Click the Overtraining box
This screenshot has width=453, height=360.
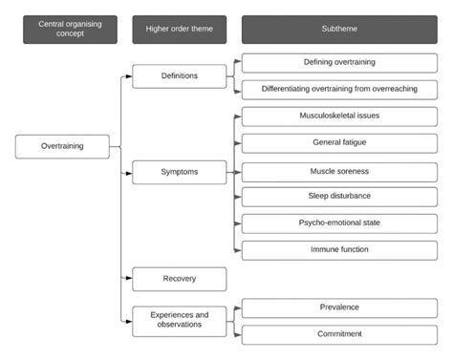(x=62, y=146)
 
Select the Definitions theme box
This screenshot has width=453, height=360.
(x=179, y=75)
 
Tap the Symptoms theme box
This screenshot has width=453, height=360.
(x=179, y=172)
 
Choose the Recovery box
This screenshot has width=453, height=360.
(x=179, y=279)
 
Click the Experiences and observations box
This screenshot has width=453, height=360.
(x=179, y=320)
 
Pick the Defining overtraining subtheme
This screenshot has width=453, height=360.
(x=339, y=63)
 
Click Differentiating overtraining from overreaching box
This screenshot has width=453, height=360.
(x=339, y=89)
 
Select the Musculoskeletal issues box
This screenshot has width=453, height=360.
(x=339, y=116)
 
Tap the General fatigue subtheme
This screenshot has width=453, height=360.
(x=339, y=143)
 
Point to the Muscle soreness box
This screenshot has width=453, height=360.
(x=339, y=172)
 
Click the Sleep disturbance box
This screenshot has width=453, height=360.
(x=339, y=197)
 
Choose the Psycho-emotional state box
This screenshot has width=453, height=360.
(x=339, y=223)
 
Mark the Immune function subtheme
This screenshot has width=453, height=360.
(x=339, y=250)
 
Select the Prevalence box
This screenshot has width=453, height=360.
(x=339, y=307)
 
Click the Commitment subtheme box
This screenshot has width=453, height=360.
(x=339, y=334)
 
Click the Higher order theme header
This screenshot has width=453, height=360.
(x=179, y=28)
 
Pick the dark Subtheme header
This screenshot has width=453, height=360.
(x=339, y=28)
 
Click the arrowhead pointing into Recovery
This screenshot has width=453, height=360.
(x=129, y=279)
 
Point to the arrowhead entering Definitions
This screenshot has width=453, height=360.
(x=129, y=76)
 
